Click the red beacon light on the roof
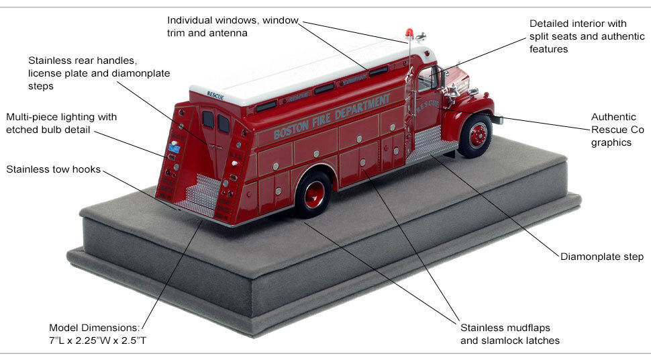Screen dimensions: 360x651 409,33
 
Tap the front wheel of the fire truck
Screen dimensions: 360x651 477,135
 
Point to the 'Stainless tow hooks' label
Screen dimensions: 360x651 53,169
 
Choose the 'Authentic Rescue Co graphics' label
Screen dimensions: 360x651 617,130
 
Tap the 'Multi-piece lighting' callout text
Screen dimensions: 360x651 61,123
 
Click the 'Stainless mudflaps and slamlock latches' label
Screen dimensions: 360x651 510,334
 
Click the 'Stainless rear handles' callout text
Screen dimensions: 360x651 99,73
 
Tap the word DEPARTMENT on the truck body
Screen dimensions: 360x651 362,106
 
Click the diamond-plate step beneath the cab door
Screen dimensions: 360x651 425,145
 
